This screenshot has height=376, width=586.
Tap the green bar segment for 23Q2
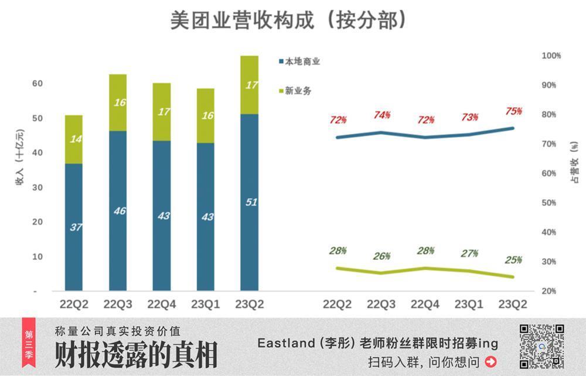(x=249, y=85)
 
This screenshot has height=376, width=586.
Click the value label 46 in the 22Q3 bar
(x=119, y=211)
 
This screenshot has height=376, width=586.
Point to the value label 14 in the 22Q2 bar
(x=75, y=140)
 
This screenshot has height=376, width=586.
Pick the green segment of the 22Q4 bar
(x=162, y=112)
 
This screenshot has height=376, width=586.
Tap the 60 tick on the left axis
(x=38, y=84)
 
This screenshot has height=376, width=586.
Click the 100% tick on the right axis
(x=551, y=56)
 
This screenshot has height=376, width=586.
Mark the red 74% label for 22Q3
(x=382, y=116)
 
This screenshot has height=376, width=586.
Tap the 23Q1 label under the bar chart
(x=205, y=304)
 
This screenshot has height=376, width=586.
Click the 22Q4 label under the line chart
(x=425, y=304)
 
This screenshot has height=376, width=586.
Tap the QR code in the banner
(x=541, y=346)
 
